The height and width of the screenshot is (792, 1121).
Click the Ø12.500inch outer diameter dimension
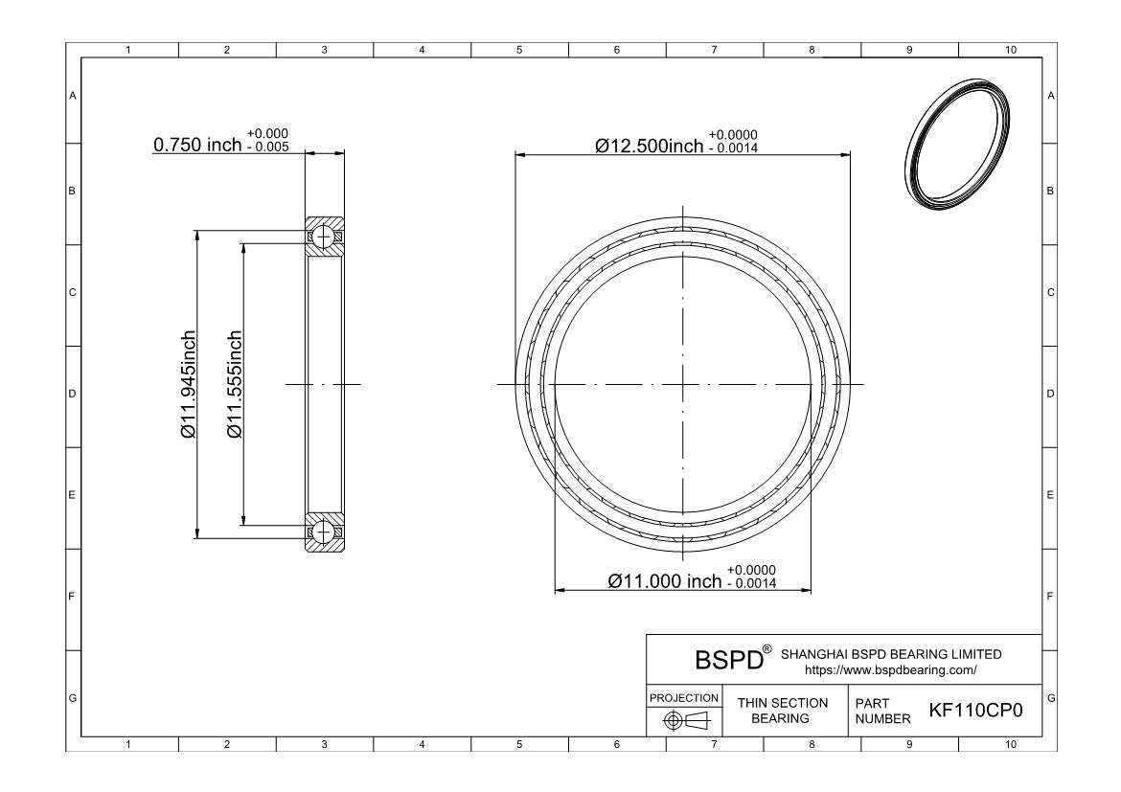point(650,146)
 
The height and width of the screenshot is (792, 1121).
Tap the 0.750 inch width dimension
point(197,145)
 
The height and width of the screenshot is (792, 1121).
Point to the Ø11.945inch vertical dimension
point(188,385)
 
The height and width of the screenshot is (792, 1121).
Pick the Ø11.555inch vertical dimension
point(235,385)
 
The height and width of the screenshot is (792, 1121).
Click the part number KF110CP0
point(976,711)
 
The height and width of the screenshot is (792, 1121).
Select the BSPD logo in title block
point(728,660)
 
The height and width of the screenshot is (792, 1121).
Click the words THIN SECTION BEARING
point(782,711)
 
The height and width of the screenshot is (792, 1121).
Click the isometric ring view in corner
point(958,145)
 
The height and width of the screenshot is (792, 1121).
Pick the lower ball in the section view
point(324,530)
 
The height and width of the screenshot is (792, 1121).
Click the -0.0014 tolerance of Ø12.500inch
point(735,147)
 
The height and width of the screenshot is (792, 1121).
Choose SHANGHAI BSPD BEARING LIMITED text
point(891,654)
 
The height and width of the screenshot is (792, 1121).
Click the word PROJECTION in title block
point(684,697)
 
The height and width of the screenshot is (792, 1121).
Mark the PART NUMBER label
point(876,711)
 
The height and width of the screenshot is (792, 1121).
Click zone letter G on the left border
point(72,696)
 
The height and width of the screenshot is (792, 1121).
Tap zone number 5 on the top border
point(519,50)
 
